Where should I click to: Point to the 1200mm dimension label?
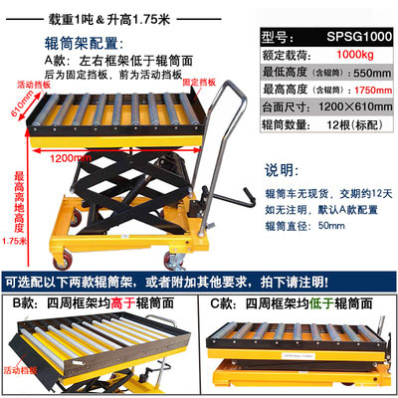(69, 156)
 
